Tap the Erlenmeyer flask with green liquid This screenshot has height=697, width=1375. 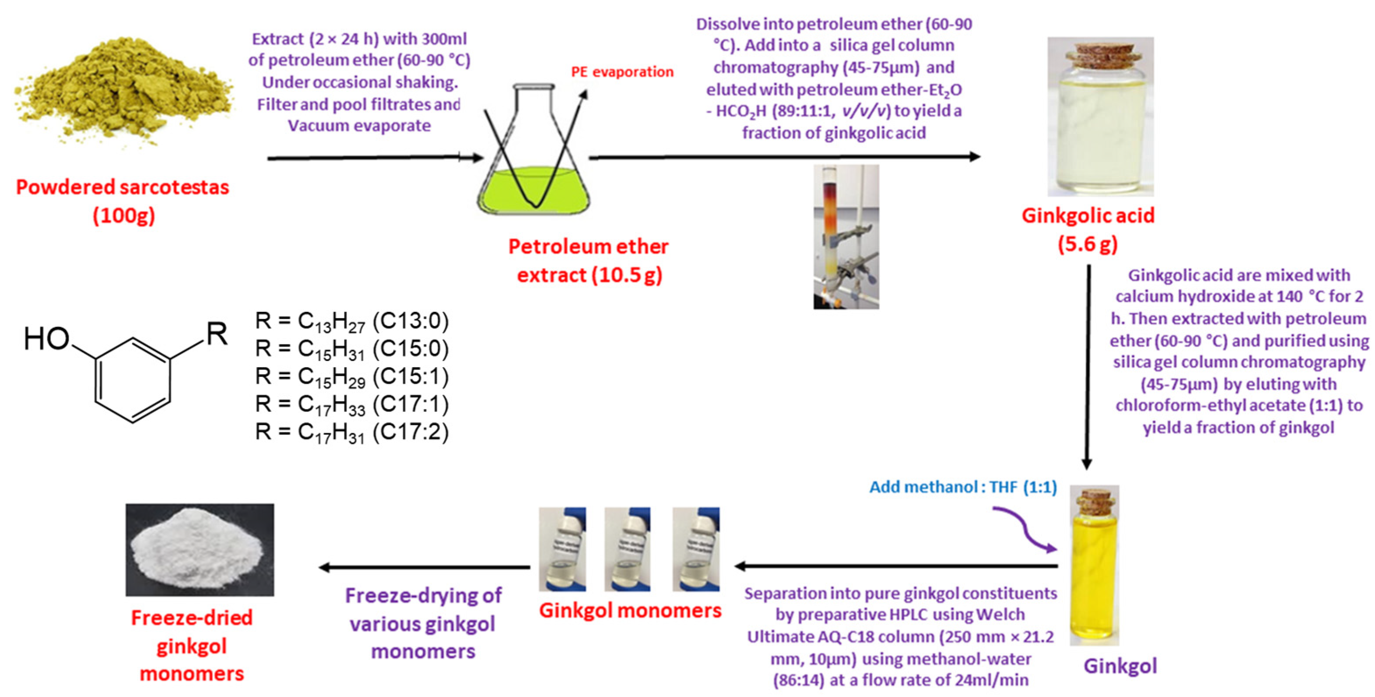pyautogui.click(x=534, y=160)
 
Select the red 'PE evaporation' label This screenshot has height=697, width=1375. pyautogui.click(x=622, y=72)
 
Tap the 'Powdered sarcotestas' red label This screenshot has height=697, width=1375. pyautogui.click(x=122, y=188)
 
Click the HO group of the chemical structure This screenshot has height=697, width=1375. pyautogui.click(x=47, y=338)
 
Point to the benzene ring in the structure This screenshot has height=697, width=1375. pyautogui.click(x=132, y=379)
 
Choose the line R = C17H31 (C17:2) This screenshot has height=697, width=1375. pyautogui.click(x=352, y=432)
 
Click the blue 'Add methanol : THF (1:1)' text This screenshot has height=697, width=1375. pyautogui.click(x=963, y=487)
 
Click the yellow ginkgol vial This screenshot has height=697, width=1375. pyautogui.click(x=1094, y=571)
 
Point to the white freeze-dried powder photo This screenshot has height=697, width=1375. pyautogui.click(x=200, y=550)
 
